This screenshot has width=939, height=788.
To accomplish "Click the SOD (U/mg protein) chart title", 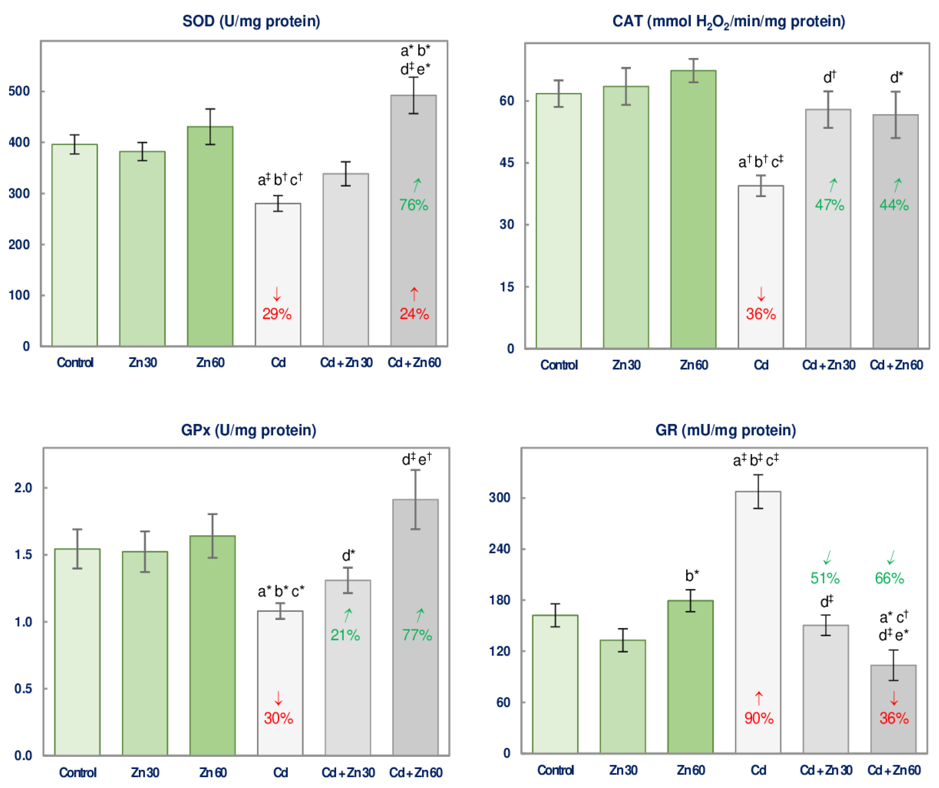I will click(x=251, y=21).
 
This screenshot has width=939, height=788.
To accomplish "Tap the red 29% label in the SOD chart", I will click(x=277, y=314).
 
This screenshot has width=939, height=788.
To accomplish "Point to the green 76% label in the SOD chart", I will click(x=414, y=205).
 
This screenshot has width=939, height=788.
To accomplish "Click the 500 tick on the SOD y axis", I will click(x=19, y=91).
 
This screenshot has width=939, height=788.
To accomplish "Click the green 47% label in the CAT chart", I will click(x=829, y=205).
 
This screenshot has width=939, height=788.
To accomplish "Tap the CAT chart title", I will click(x=728, y=21).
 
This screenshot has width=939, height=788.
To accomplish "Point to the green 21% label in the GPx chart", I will click(x=345, y=635).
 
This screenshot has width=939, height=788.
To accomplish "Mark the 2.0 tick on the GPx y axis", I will click(x=23, y=488).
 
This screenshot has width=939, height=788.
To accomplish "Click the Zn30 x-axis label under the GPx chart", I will click(x=145, y=773).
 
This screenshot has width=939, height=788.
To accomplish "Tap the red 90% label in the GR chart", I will click(x=759, y=718).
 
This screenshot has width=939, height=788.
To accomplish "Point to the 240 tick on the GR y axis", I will click(x=499, y=548).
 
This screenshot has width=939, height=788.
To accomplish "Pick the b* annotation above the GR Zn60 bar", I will click(x=692, y=576).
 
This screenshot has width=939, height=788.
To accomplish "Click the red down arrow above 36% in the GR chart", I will click(x=894, y=698).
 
